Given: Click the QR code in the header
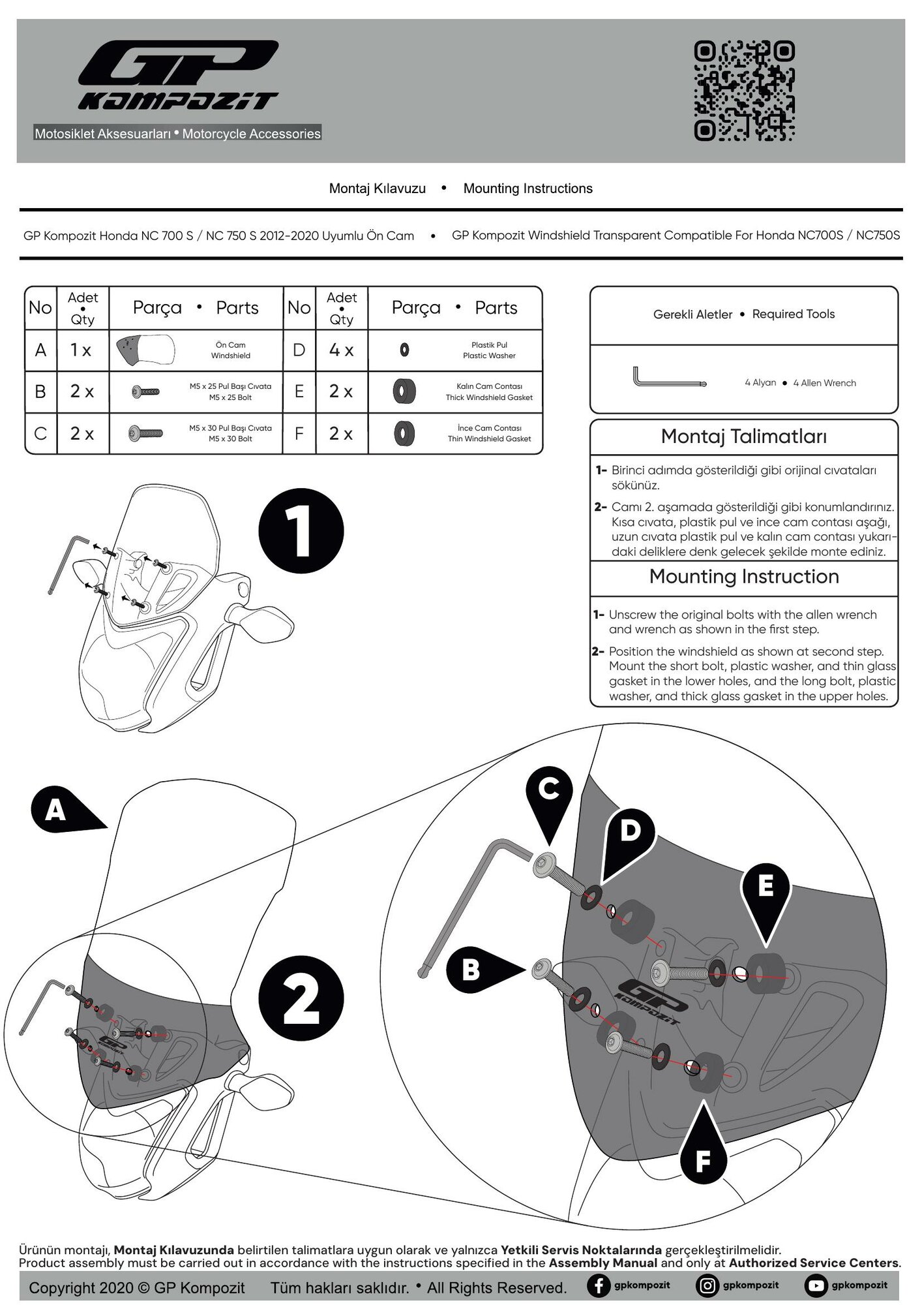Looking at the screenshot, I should tap(744, 91).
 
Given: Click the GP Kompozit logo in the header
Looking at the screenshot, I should tap(178, 75).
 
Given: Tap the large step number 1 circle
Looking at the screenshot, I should tap(301, 532).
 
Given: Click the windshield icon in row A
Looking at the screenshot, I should tap(145, 350).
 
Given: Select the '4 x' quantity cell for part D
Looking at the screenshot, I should tap(341, 350).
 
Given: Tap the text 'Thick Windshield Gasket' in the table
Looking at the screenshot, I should tap(489, 397).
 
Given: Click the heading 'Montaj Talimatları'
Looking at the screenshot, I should tap(743, 437).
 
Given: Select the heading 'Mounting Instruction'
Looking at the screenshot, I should tap(743, 577).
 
